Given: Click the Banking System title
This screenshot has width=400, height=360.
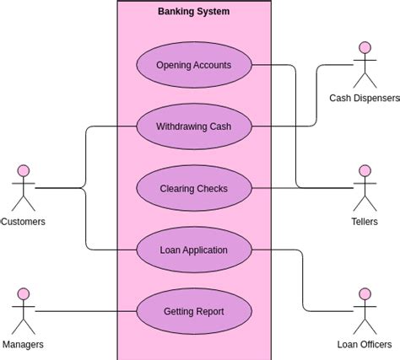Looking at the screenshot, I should [193, 12].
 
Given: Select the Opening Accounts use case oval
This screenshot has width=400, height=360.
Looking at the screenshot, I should [193, 65].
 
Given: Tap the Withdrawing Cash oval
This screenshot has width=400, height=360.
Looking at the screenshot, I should [193, 127].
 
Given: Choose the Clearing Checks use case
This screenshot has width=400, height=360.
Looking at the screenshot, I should [193, 189].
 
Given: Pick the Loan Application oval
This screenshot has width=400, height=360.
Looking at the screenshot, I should [193, 250].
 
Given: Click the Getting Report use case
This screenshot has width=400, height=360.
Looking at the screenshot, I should [193, 311].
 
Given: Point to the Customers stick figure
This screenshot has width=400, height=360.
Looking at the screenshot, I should [24, 187].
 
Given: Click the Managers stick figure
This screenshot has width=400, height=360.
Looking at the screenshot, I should [24, 310].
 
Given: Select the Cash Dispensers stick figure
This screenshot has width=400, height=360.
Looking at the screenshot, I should [365, 65].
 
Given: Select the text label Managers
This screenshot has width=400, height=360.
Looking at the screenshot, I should [24, 345].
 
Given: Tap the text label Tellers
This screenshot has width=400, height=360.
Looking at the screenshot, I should [365, 222].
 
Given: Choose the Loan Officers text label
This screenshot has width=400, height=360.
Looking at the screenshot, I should [365, 345].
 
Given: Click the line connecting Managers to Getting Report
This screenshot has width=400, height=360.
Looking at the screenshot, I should [84, 312].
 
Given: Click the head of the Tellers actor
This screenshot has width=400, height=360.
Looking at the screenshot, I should [365, 171].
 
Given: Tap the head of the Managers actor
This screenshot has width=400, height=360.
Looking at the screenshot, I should [24, 294].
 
